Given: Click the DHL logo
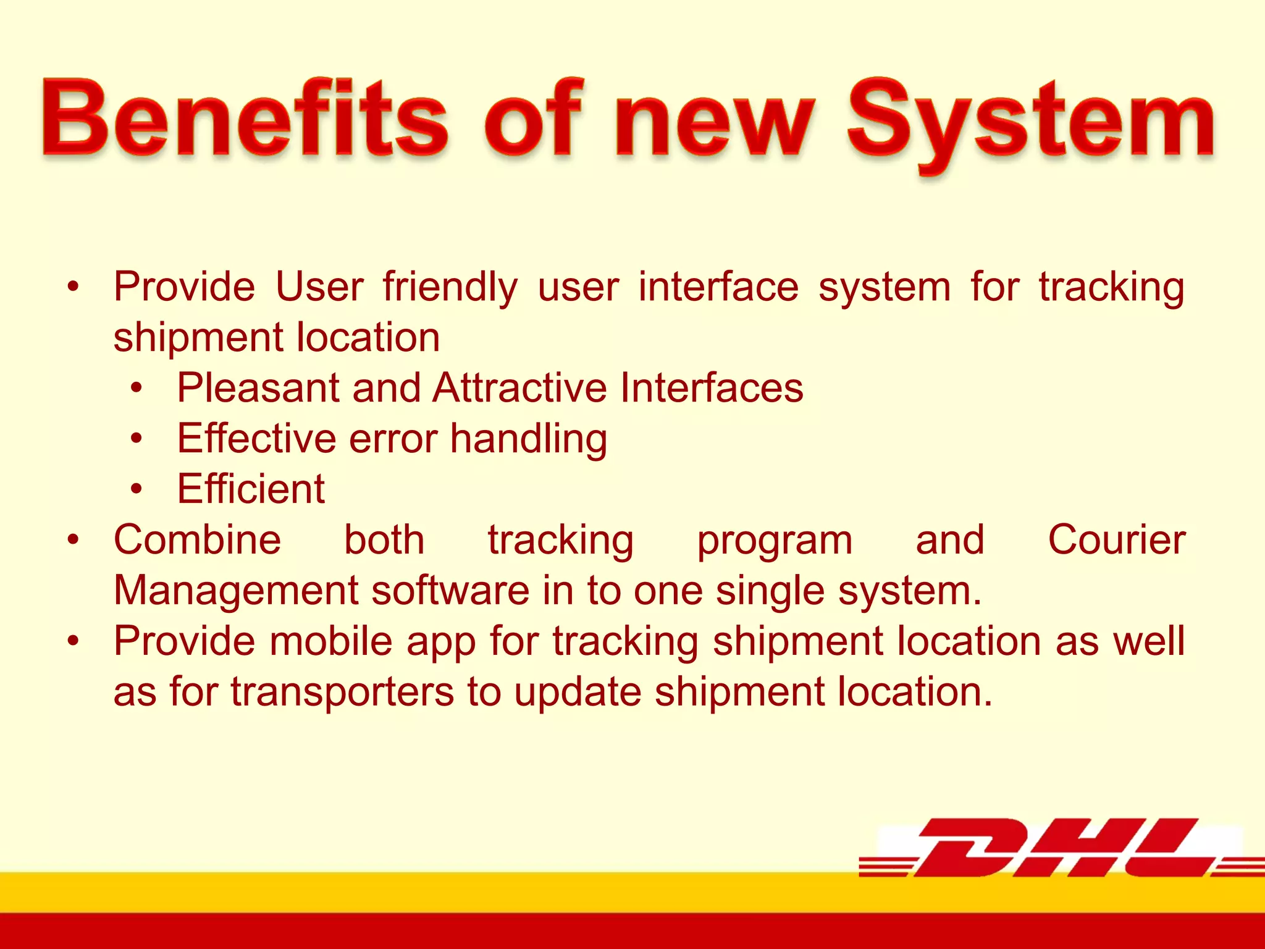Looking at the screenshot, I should (1060, 848).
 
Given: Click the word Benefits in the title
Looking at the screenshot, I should (245, 119).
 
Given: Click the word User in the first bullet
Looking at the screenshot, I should (319, 287).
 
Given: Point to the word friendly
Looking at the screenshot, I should (450, 287).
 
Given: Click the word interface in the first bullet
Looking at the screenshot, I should (718, 287).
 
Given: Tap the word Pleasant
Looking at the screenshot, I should (258, 388).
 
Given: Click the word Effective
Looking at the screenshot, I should (257, 439).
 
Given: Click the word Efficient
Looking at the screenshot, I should (251, 489).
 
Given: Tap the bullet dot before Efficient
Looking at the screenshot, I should (137, 489).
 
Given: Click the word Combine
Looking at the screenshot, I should (198, 540).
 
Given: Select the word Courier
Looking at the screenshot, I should (1116, 540).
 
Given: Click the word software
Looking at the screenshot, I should (450, 591).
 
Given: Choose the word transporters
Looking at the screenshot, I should (342, 692).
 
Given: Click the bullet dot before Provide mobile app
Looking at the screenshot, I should (74, 641).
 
